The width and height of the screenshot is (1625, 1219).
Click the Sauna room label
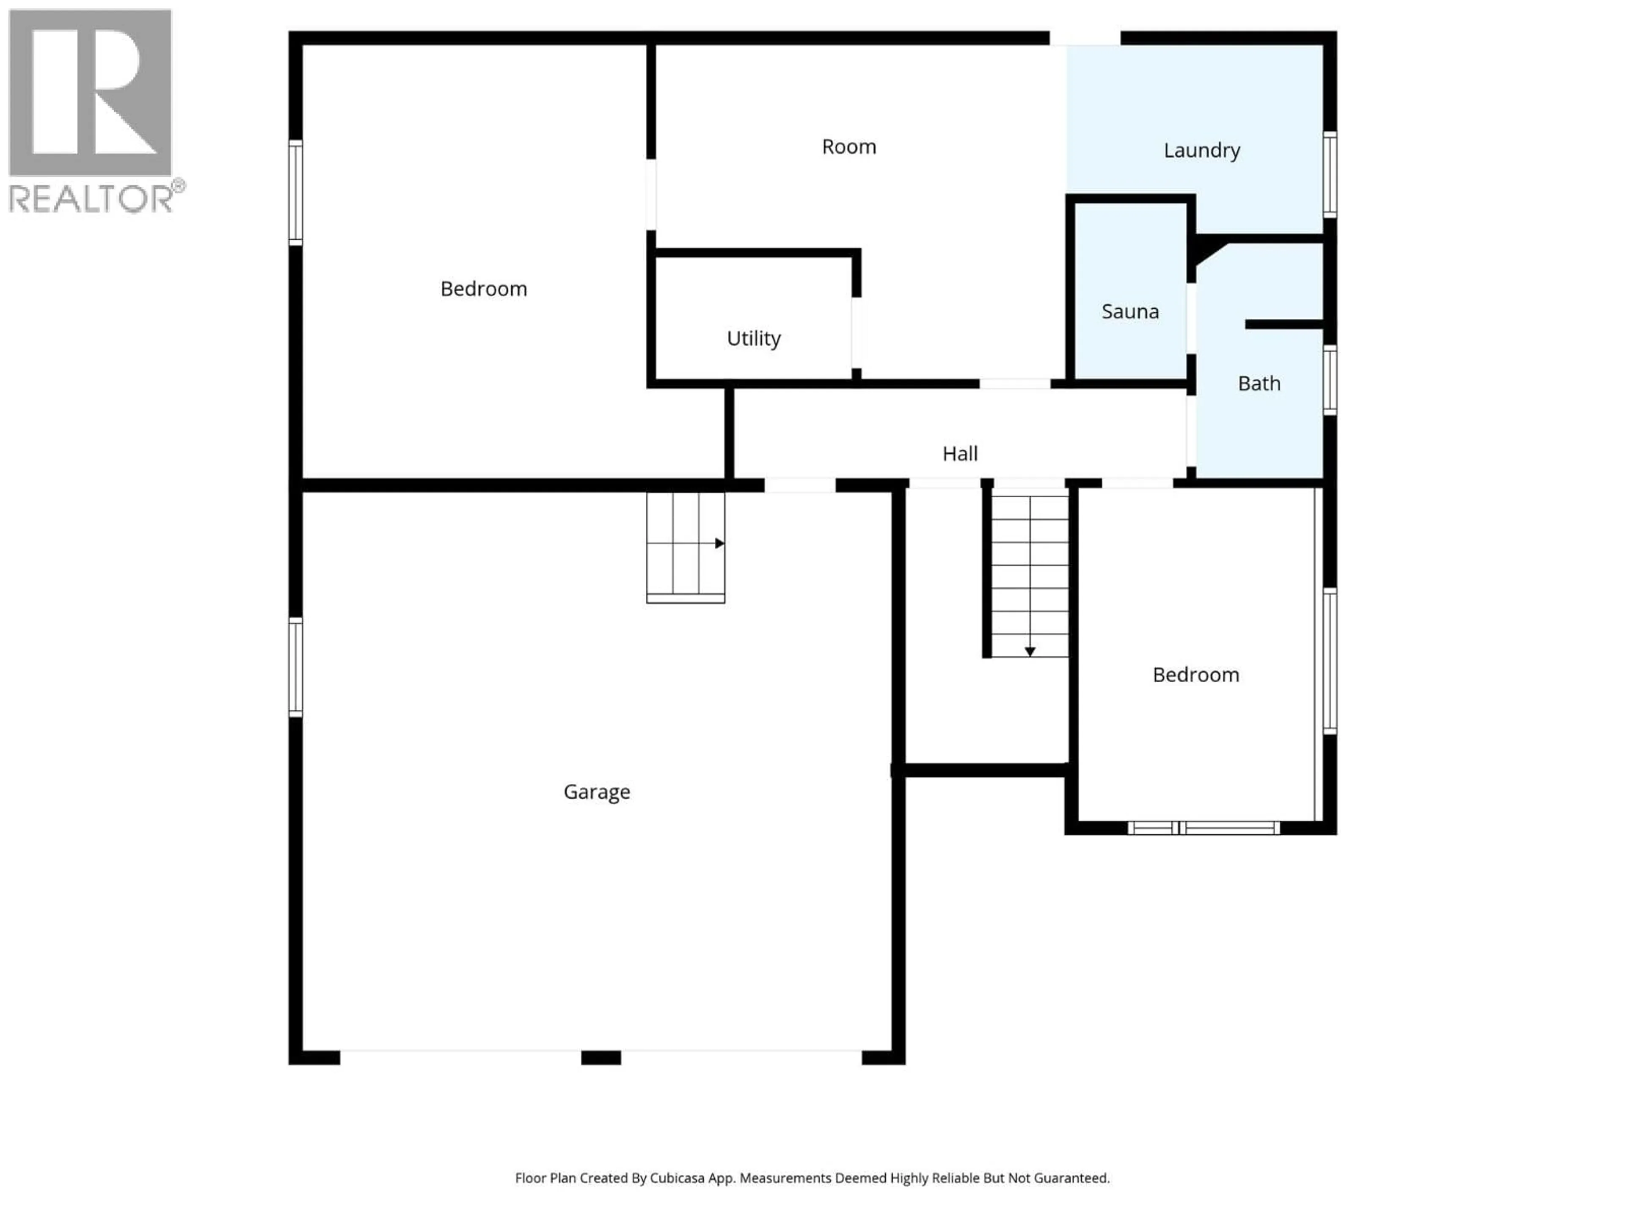point(1130,312)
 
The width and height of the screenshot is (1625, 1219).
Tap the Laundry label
point(1202,151)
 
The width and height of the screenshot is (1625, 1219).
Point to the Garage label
point(597,792)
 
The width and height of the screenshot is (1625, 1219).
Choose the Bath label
point(1259,383)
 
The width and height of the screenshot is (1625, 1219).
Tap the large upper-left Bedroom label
point(483,289)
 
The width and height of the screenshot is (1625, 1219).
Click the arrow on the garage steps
point(719,544)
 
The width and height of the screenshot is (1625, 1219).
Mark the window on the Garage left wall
point(295,667)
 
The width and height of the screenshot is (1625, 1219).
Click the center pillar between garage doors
point(601,1057)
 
